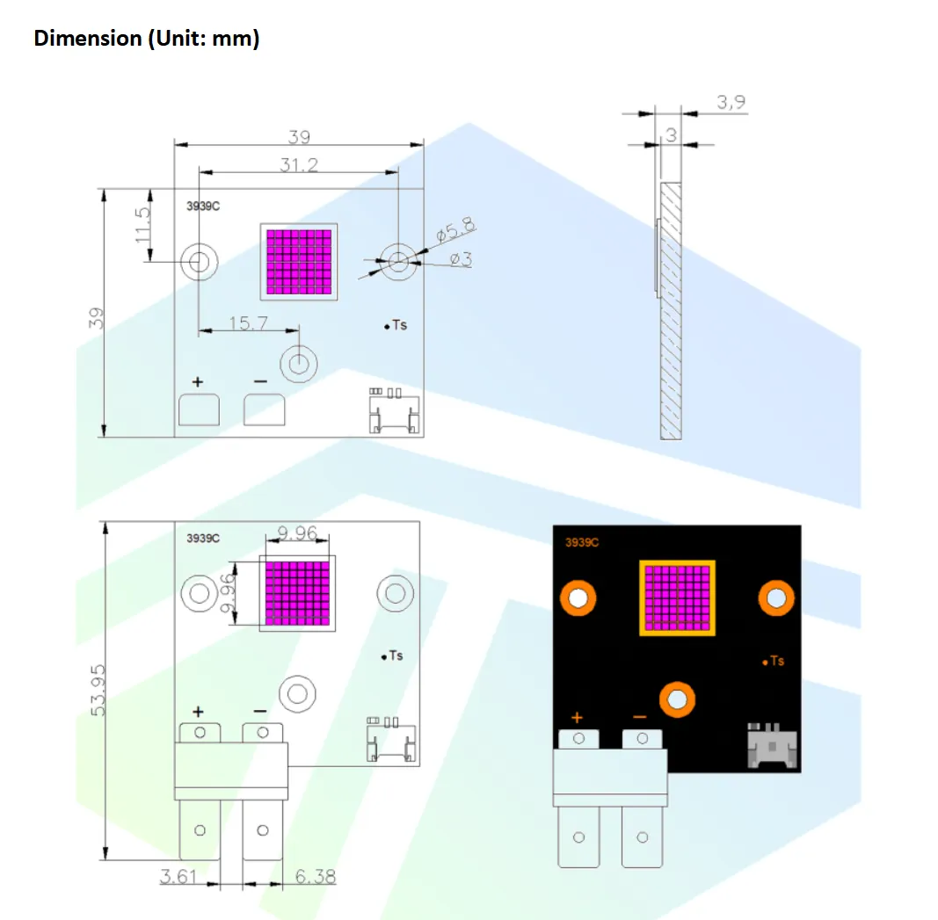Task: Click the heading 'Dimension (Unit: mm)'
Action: click(x=146, y=39)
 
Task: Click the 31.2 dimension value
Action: click(x=299, y=164)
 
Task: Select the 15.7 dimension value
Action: click(x=248, y=323)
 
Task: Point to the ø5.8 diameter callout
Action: click(x=455, y=231)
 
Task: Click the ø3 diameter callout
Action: click(x=461, y=259)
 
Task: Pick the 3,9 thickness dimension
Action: click(x=731, y=103)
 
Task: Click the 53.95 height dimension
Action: click(x=98, y=689)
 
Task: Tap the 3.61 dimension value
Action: click(x=178, y=876)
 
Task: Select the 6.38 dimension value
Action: click(x=316, y=876)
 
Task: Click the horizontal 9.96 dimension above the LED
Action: click(x=296, y=532)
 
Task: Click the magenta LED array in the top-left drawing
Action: click(x=299, y=261)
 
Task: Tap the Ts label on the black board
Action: click(x=774, y=661)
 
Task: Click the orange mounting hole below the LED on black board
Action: click(x=677, y=699)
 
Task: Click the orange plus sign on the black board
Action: click(x=578, y=717)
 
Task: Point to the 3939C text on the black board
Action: click(x=582, y=543)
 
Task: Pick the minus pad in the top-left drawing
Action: click(x=265, y=409)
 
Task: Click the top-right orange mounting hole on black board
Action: click(x=776, y=598)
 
